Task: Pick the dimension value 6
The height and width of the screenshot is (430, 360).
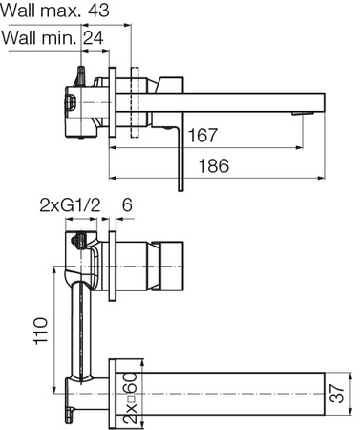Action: pyautogui.click(x=127, y=205)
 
